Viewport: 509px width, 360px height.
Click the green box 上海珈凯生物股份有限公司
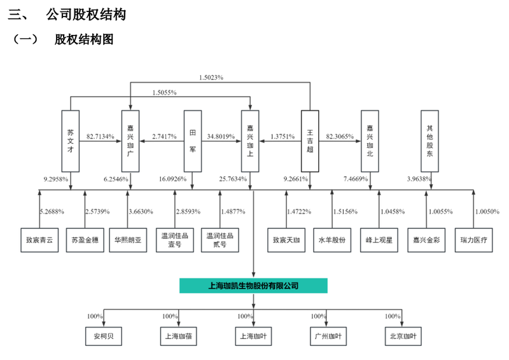[x=253, y=286]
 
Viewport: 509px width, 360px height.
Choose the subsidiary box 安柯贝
[x=104, y=335]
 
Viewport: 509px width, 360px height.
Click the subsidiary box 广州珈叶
[x=326, y=335]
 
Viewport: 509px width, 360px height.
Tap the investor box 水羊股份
[x=332, y=241]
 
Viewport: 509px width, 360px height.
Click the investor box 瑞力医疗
[x=473, y=241]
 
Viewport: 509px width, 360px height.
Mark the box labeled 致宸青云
[x=39, y=241]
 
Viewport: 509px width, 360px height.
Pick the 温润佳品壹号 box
[x=175, y=241]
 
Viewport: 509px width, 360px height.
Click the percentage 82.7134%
[x=100, y=137]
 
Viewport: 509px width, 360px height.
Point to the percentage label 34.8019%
[x=220, y=137]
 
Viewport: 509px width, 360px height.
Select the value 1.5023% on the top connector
[x=211, y=77]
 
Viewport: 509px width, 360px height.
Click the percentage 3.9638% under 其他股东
[x=418, y=179]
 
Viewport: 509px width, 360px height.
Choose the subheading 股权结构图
[x=83, y=39]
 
